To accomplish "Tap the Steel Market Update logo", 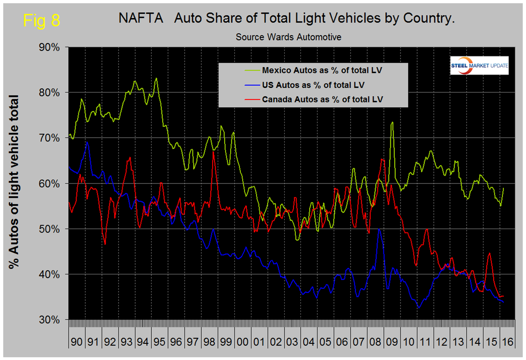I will pos(479,65).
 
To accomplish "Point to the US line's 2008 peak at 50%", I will pos(379,229).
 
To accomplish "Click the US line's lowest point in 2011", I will pos(419,308).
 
